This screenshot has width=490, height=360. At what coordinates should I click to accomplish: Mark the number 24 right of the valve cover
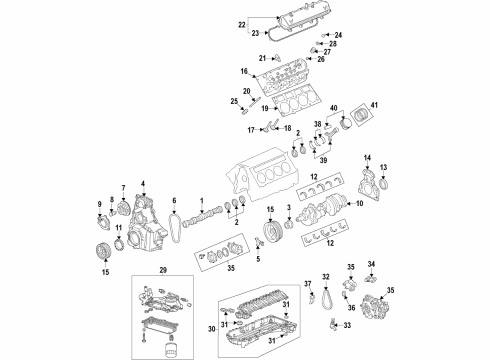coord(336,34)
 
